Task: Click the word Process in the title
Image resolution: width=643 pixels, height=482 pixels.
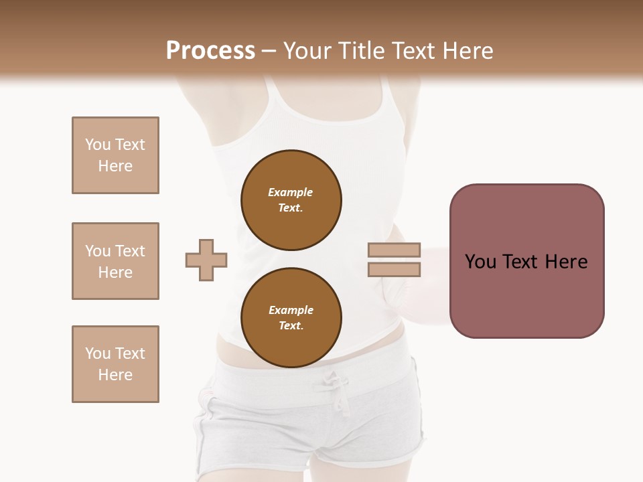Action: [x=210, y=51]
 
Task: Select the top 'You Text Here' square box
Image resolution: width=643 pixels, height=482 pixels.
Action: [x=115, y=155]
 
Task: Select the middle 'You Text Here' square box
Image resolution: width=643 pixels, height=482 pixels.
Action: [x=115, y=261]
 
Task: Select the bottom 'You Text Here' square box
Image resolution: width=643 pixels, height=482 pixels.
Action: [x=115, y=364]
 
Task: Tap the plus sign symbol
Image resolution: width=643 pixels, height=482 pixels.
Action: [x=206, y=260]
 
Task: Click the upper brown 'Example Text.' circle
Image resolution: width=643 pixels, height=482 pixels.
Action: [x=291, y=200]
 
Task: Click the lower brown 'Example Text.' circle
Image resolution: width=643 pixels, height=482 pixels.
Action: [x=291, y=318]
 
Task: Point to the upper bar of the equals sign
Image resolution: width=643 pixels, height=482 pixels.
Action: [x=394, y=250]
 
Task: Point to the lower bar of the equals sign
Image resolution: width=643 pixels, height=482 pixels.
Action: [x=394, y=269]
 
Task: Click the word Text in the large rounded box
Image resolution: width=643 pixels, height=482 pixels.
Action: [x=521, y=262]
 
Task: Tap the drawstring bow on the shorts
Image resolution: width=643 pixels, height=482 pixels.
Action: [x=335, y=384]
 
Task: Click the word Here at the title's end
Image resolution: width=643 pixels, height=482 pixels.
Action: [x=467, y=51]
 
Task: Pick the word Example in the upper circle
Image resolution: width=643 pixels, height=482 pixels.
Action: [x=290, y=192]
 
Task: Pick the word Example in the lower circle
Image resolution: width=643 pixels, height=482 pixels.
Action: [x=291, y=310]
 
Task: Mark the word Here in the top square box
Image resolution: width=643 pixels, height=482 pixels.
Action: [x=115, y=166]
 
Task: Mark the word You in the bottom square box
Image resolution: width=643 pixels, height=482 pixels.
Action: [x=97, y=353]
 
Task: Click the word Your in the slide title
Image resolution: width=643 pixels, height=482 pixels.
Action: [x=308, y=51]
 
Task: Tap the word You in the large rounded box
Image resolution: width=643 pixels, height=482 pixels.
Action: [x=481, y=262]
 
